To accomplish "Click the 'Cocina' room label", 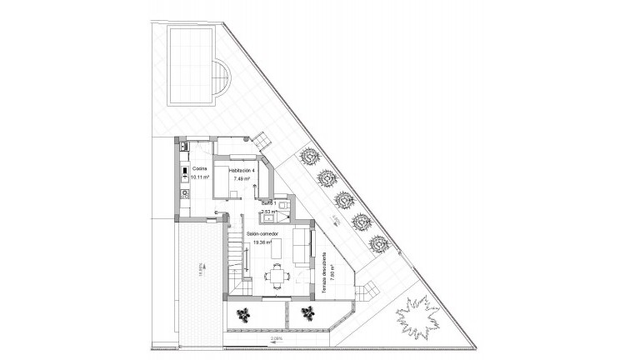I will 198,168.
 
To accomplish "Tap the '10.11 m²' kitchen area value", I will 201,177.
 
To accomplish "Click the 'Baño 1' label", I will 268,202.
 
